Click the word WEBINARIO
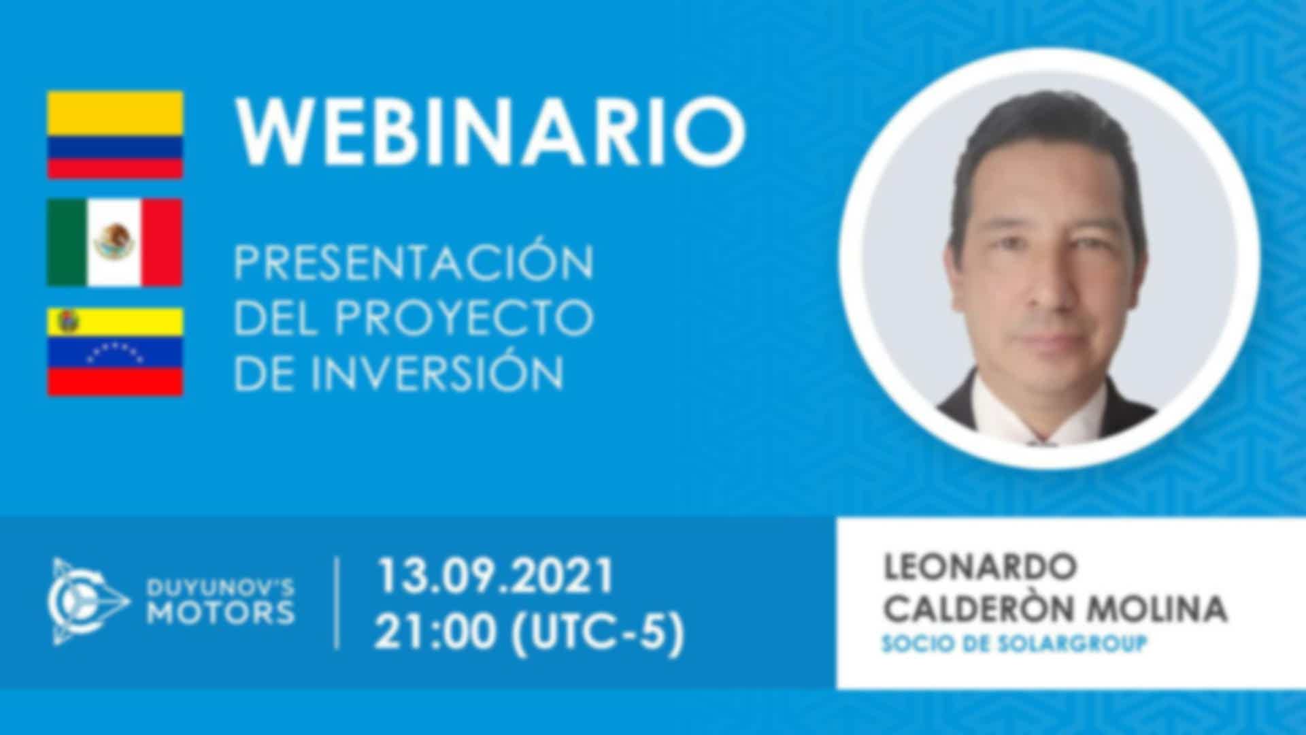[490, 130]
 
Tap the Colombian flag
[115, 135]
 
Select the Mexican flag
[115, 242]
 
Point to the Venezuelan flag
[115, 351]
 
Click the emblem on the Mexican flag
[114, 242]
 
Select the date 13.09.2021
[496, 576]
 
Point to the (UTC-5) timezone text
[597, 633]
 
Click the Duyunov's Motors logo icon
[89, 602]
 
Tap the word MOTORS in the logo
[222, 613]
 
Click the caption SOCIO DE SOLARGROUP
[1014, 644]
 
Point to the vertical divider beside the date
[337, 603]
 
